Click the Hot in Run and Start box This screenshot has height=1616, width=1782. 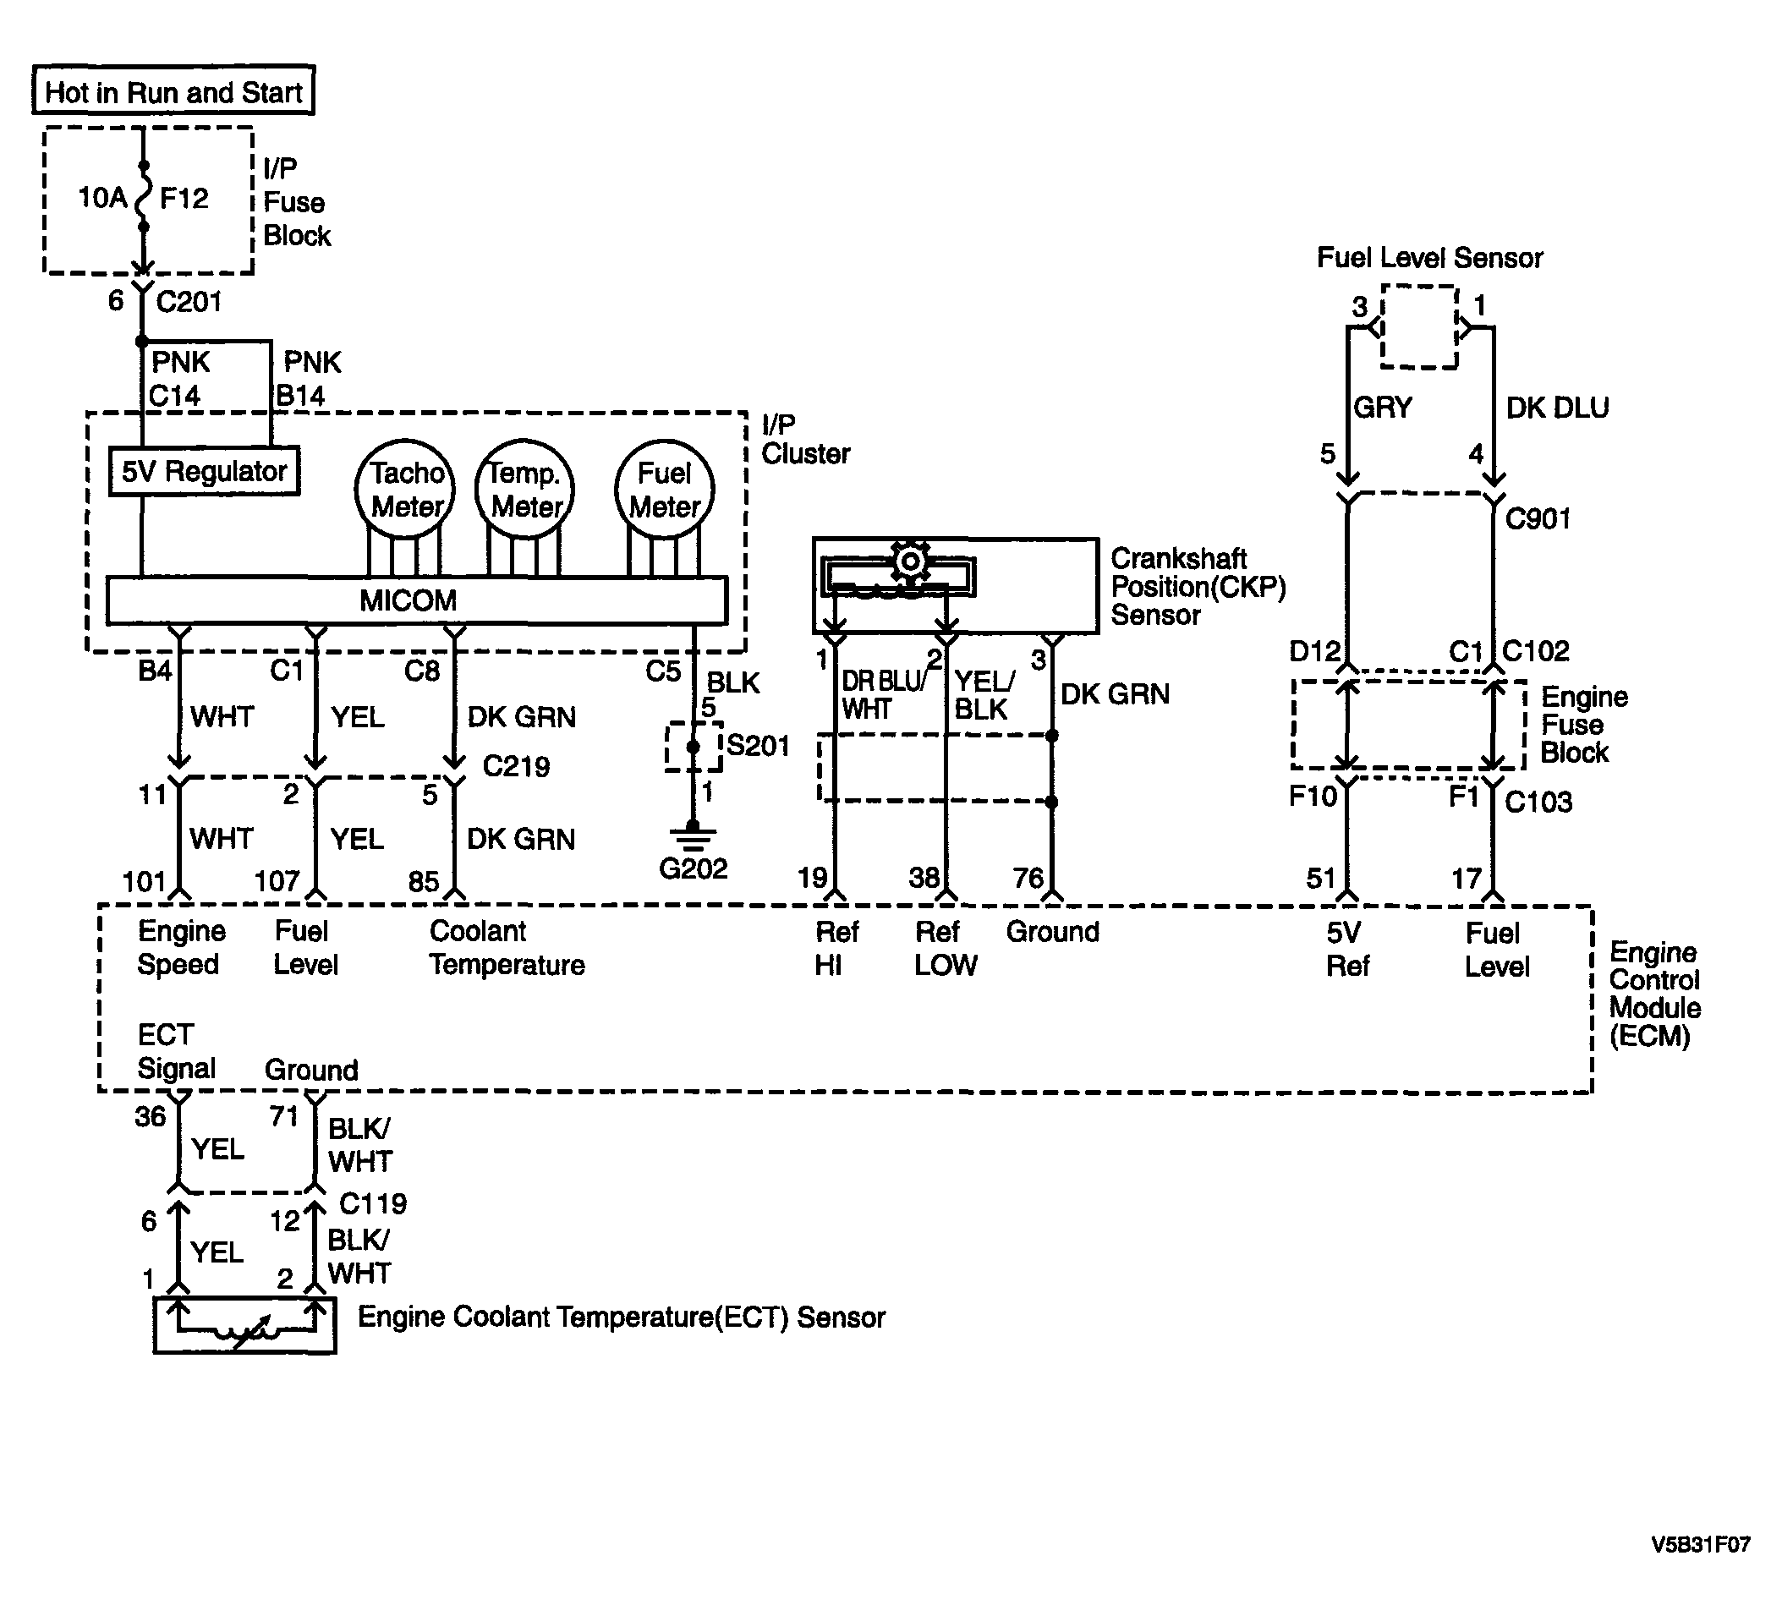click(x=173, y=90)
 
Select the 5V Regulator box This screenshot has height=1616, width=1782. click(x=204, y=471)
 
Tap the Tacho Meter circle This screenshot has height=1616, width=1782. click(x=406, y=489)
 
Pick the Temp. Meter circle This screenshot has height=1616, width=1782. click(x=525, y=489)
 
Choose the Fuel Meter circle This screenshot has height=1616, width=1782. click(x=665, y=489)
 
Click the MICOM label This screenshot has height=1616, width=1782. click(x=408, y=601)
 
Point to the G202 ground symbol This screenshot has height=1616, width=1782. click(x=693, y=835)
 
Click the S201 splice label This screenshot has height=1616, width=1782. click(x=758, y=746)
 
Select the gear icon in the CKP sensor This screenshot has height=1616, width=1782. click(x=909, y=561)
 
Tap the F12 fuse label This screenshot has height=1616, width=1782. click(x=184, y=198)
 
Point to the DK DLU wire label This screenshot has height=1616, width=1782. click(x=1558, y=408)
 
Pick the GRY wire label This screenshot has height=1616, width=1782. click(x=1384, y=408)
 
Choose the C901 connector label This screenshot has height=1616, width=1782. click(x=1538, y=519)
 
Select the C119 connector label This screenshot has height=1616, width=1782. click(x=373, y=1204)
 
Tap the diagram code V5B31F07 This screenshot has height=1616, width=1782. click(x=1701, y=1569)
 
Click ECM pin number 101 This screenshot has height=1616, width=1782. click(x=145, y=881)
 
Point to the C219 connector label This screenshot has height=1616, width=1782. click(x=516, y=766)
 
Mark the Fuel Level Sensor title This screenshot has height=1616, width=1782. click(x=1430, y=258)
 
